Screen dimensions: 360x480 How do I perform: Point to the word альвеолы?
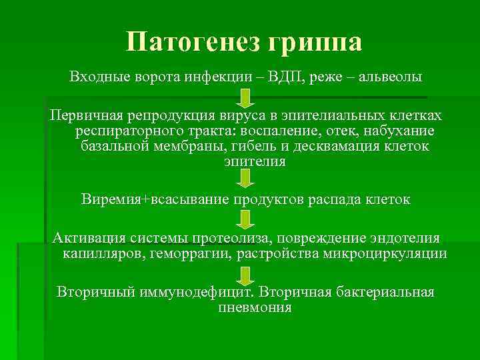[x=389, y=77]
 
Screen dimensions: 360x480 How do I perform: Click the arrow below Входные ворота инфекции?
[x=245, y=97]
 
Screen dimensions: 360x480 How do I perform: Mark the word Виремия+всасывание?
[x=155, y=199]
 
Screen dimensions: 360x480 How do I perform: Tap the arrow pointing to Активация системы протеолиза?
[x=245, y=219]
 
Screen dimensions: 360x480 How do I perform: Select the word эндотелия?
[x=403, y=239]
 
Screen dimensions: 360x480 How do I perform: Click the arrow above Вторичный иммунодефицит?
[x=245, y=275]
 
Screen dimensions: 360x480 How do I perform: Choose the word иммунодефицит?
[x=196, y=292]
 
